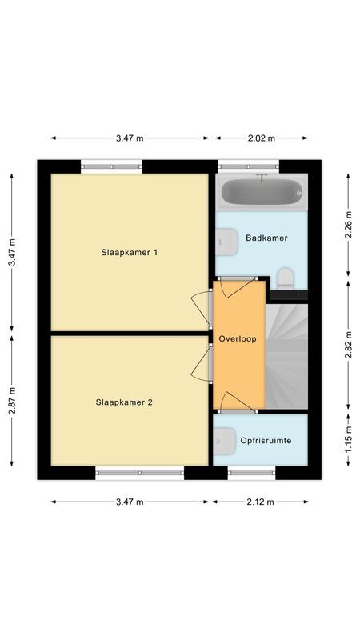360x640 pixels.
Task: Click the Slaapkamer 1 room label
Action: (130, 253)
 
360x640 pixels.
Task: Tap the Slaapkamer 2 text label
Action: (124, 402)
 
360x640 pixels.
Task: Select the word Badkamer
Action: (266, 238)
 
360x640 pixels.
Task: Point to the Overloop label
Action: (238, 339)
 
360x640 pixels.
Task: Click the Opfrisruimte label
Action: (266, 440)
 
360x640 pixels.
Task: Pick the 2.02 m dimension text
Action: (259, 138)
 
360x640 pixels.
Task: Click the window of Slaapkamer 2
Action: (140, 474)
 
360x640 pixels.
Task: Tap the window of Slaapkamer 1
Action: (112, 166)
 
